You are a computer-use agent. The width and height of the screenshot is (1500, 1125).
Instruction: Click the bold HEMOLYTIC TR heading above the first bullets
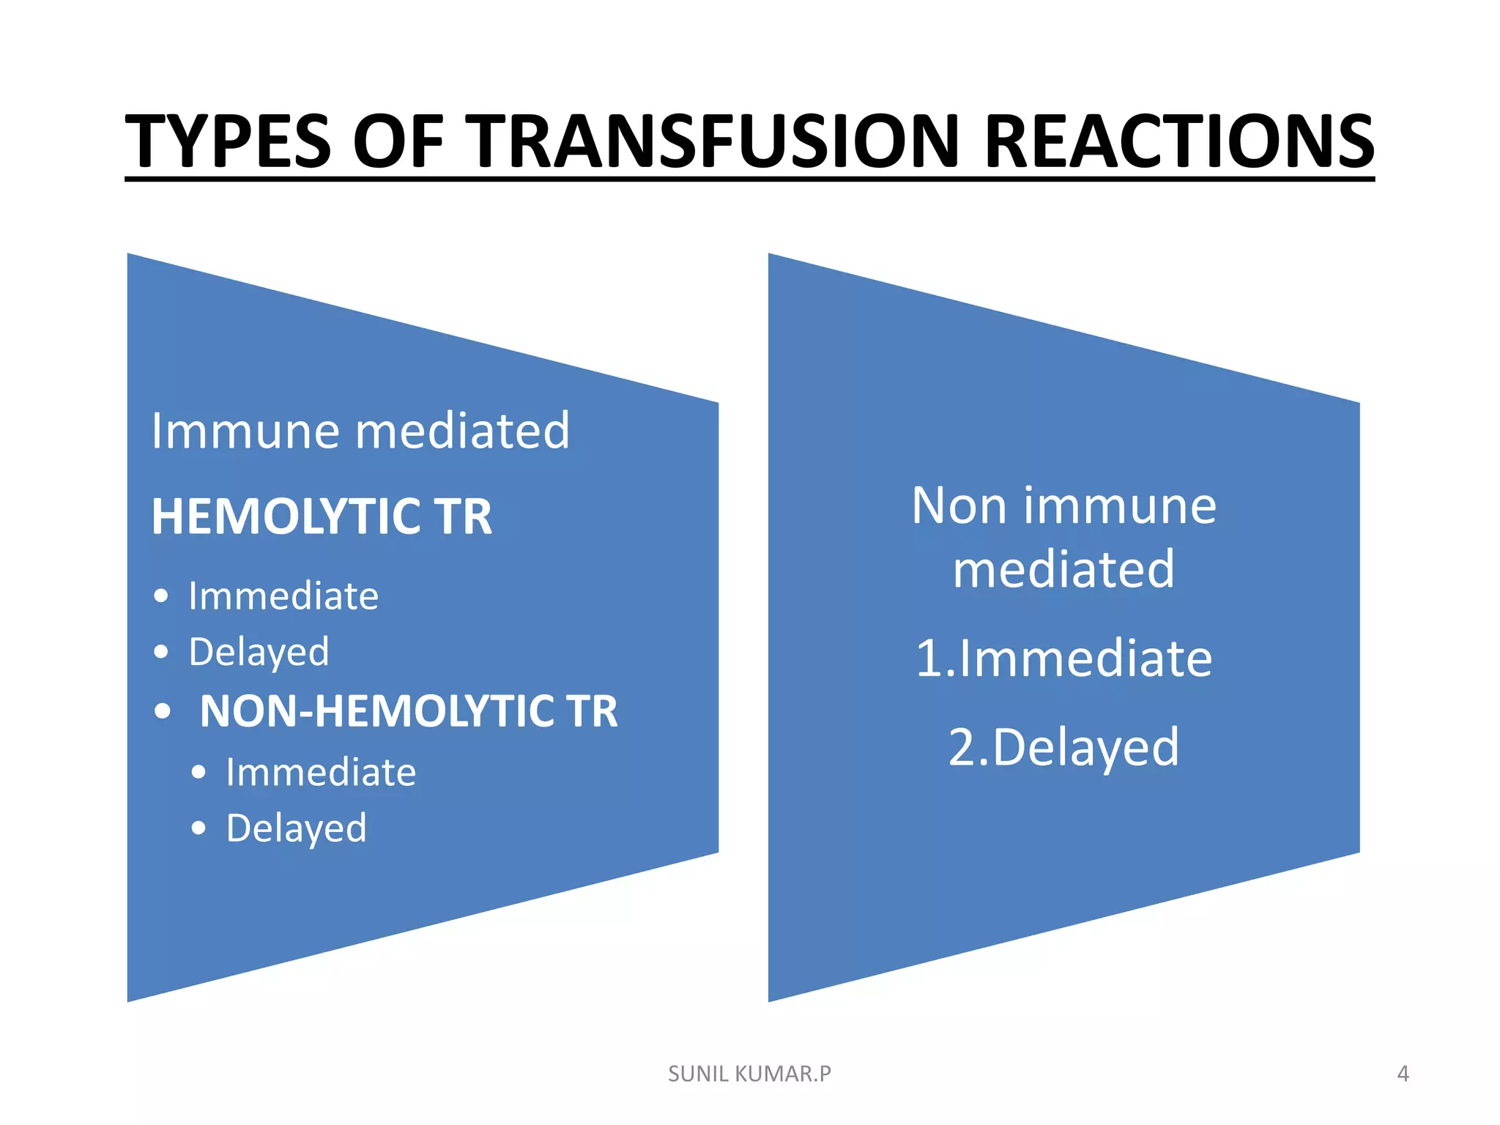[x=322, y=517]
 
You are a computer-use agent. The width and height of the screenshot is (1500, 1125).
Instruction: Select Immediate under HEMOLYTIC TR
[x=283, y=595]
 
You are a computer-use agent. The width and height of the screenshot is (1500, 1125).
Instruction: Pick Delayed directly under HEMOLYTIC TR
[x=259, y=652]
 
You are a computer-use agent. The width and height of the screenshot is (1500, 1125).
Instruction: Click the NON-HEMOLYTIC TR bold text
[x=409, y=711]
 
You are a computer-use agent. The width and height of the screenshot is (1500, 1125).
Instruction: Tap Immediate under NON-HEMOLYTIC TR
[x=321, y=772]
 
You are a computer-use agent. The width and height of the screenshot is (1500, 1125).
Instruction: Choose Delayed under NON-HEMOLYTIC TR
[x=296, y=828]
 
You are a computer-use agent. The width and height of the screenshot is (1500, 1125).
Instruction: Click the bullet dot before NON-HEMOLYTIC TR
[x=163, y=711]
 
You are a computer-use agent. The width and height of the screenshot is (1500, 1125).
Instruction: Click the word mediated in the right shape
[x=1063, y=569]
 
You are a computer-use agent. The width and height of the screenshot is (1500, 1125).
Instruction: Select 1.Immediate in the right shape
[x=1063, y=658]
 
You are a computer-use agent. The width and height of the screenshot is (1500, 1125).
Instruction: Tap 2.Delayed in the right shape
[x=1063, y=747]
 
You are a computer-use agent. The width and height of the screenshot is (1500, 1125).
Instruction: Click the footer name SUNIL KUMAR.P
[x=749, y=1074]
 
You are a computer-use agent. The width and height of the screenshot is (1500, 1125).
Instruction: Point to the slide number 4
[x=1403, y=1074]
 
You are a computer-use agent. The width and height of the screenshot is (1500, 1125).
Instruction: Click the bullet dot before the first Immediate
[x=162, y=596]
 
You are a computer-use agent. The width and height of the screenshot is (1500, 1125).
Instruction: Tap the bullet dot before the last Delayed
[x=198, y=828]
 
